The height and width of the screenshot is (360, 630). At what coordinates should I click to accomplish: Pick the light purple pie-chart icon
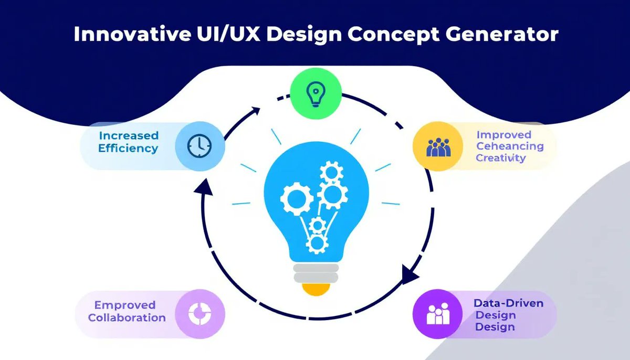pyautogui.click(x=199, y=313)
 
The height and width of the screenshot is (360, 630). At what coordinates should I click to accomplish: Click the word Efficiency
pyautogui.click(x=128, y=148)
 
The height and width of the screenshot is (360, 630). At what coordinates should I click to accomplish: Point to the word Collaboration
pyautogui.click(x=127, y=317)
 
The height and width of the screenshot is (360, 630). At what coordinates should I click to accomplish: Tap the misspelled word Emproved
pyautogui.click(x=125, y=305)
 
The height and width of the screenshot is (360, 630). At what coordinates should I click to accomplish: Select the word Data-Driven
pyautogui.click(x=508, y=303)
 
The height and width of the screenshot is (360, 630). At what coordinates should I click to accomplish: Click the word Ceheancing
pyautogui.click(x=509, y=146)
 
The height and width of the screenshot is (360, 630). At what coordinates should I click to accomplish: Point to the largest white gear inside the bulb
pyautogui.click(x=332, y=195)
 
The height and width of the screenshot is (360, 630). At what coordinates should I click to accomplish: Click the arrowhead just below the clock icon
pyautogui.click(x=205, y=187)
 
